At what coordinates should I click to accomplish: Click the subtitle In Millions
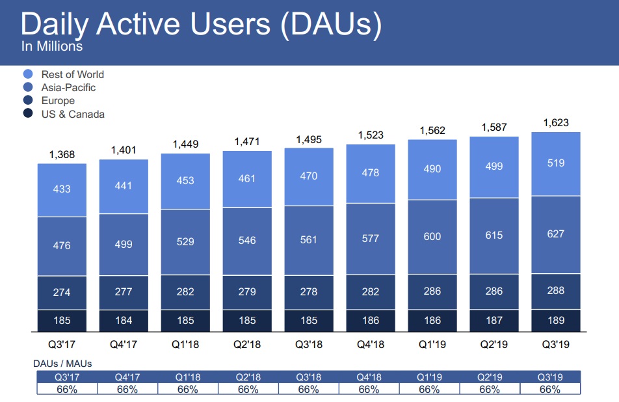tap(52, 47)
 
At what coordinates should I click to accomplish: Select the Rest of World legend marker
tap(28, 74)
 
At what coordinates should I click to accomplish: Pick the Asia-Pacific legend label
tap(68, 87)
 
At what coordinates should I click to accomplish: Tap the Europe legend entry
tap(58, 101)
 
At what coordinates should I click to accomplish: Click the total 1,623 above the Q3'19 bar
tap(555, 123)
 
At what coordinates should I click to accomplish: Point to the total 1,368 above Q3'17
tap(62, 154)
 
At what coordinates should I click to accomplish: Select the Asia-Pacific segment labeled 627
tap(555, 234)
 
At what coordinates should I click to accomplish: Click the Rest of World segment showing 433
tap(62, 189)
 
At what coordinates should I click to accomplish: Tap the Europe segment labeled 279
tap(247, 292)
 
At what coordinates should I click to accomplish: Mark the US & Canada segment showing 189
tap(555, 319)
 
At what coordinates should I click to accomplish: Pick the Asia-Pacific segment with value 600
tap(432, 236)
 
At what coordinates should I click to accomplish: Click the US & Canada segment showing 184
tap(124, 320)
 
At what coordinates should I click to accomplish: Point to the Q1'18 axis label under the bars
tap(185, 345)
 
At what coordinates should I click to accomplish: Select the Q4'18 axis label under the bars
tap(370, 345)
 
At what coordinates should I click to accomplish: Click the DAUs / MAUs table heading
tap(62, 364)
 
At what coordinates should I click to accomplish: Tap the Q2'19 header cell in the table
tap(489, 376)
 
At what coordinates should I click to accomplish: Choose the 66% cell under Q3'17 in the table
tap(66, 389)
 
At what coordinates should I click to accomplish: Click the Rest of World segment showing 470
tap(309, 176)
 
